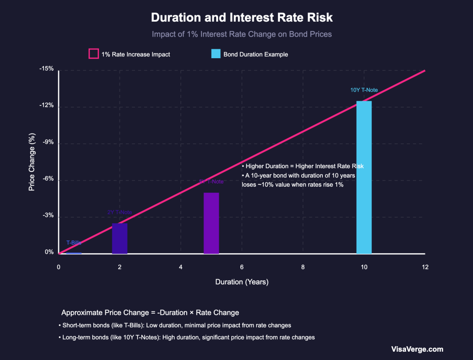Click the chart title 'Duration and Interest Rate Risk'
click(x=242, y=18)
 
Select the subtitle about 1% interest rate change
click(x=242, y=34)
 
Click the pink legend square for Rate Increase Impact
click(x=93, y=54)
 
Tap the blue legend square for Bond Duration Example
click(x=216, y=54)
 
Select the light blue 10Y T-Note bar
click(x=364, y=177)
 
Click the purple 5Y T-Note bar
click(x=211, y=223)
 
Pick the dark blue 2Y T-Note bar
click(x=120, y=238)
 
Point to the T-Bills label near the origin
click(x=74, y=243)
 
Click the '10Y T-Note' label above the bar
click(x=364, y=90)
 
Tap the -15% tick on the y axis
click(x=47, y=69)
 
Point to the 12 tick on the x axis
click(x=425, y=267)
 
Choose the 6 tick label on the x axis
click(x=242, y=267)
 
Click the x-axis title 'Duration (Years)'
click(x=242, y=282)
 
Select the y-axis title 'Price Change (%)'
click(x=31, y=162)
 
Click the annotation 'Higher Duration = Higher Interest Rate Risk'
click(x=303, y=166)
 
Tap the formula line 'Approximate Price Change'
click(x=150, y=312)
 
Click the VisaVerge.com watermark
click(x=417, y=349)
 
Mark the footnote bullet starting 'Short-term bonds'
click(x=175, y=325)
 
